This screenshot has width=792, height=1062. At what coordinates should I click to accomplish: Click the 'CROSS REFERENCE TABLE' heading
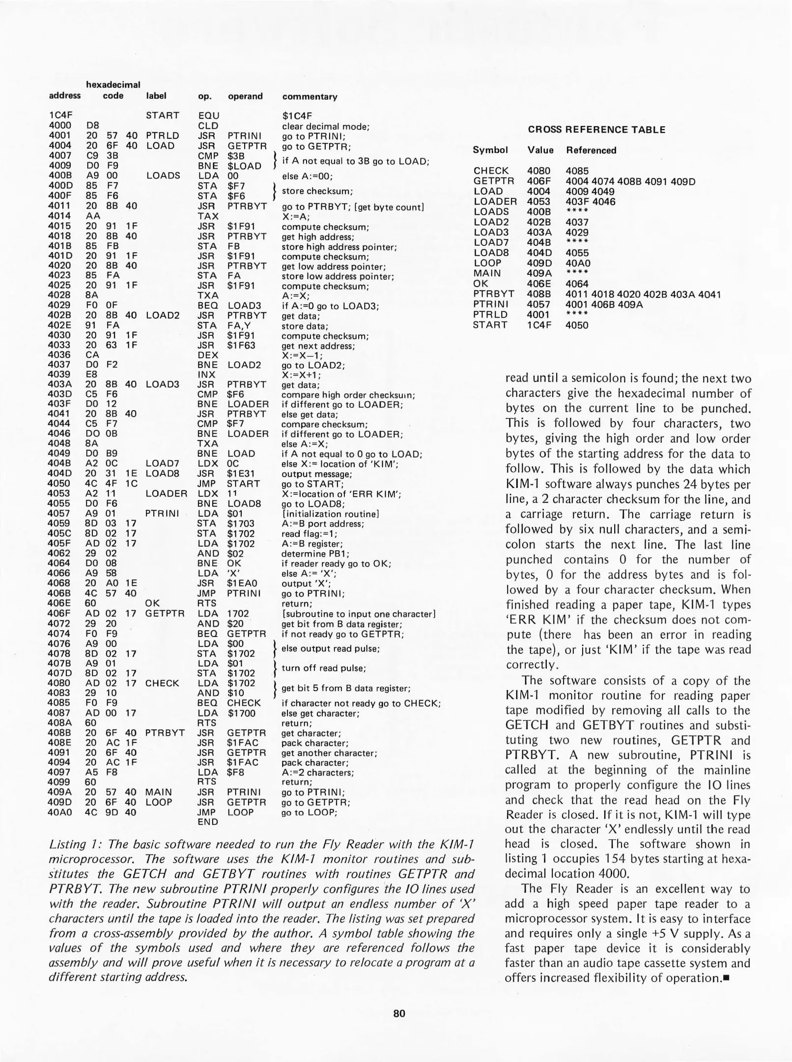point(596,130)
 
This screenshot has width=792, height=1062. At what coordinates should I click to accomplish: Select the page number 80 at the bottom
point(399,1013)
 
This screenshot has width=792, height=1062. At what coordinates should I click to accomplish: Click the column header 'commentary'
point(310,97)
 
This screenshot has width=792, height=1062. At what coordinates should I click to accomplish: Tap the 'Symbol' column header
point(490,150)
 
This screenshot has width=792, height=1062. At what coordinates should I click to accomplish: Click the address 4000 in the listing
point(60,126)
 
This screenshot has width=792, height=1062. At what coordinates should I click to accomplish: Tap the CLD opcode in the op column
point(207,126)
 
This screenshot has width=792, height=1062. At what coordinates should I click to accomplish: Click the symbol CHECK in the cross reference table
point(491,171)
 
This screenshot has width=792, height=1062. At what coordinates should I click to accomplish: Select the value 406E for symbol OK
point(538,284)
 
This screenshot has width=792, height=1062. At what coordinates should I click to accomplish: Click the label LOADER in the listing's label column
point(166,493)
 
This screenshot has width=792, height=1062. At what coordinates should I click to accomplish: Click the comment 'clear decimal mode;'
point(325,126)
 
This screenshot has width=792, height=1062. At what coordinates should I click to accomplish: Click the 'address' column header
point(64,96)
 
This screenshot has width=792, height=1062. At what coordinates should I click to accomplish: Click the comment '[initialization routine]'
point(330,514)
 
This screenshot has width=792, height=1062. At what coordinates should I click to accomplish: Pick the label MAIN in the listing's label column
point(158,792)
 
